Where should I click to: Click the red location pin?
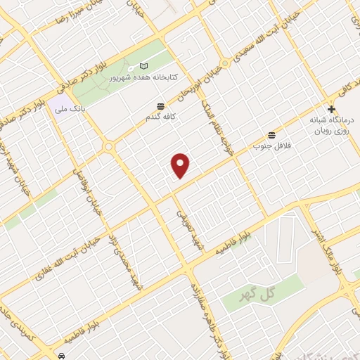coord(181,165)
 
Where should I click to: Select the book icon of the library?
coord(143,65)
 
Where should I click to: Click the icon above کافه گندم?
coord(162,105)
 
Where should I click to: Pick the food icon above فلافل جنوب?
coord(271,135)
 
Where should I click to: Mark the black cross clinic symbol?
coord(331,109)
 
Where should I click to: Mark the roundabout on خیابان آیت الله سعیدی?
coord(109,147)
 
